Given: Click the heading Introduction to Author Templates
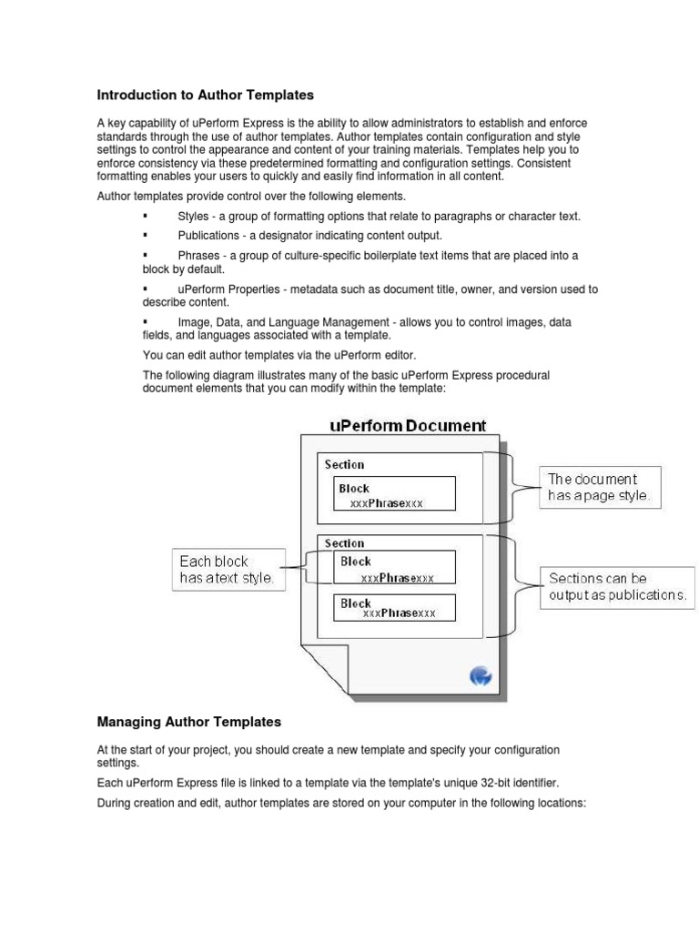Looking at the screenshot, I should click(205, 95).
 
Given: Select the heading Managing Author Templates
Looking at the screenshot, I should click(188, 722).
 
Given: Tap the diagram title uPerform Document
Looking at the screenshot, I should click(407, 425).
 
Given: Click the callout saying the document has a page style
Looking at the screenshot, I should click(599, 487).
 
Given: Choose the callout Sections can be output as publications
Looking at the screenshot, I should click(616, 586).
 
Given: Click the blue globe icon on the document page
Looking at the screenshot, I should click(481, 675).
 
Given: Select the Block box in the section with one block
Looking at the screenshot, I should click(394, 495).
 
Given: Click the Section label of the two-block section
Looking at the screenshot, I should click(344, 543).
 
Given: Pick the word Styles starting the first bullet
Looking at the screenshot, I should click(194, 216).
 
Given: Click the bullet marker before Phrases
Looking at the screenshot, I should click(145, 256).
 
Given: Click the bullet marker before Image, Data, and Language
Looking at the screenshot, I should click(145, 322).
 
